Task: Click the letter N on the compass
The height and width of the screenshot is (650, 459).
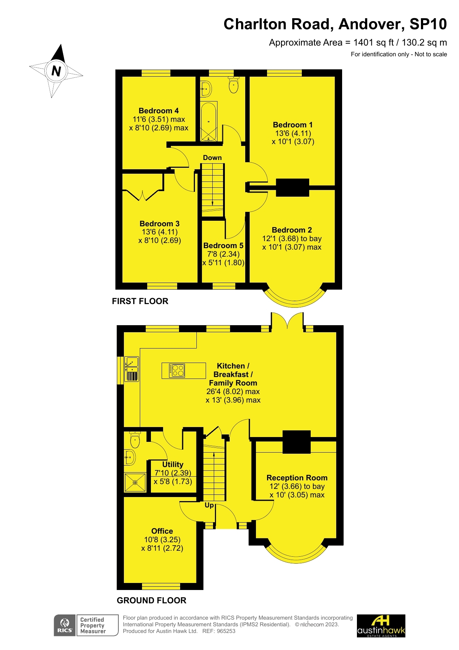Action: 56,71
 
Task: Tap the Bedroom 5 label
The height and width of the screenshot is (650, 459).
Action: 223,246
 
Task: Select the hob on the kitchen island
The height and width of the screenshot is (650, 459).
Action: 177,370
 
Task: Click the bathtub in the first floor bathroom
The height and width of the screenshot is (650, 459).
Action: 209,121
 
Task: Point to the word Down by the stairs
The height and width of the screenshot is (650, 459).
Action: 212,158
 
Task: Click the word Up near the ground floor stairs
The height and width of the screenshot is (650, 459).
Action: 209,505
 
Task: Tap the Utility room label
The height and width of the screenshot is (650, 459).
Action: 173,464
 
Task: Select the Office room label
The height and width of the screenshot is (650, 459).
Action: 162,531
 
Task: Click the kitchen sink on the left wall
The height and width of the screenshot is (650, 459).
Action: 132,364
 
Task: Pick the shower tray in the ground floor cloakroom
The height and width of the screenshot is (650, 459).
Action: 135,482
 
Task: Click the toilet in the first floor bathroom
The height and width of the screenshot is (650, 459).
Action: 234,85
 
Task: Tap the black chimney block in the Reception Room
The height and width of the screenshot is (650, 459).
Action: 296,442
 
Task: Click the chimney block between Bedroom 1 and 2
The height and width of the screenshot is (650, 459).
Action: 292,187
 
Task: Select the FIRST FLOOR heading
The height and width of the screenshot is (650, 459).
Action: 140,301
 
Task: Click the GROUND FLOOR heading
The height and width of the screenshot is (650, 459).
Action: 151,600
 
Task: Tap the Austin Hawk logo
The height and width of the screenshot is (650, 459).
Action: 381,626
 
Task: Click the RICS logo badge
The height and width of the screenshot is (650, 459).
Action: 65,625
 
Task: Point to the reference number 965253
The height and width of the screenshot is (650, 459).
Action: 226,631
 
